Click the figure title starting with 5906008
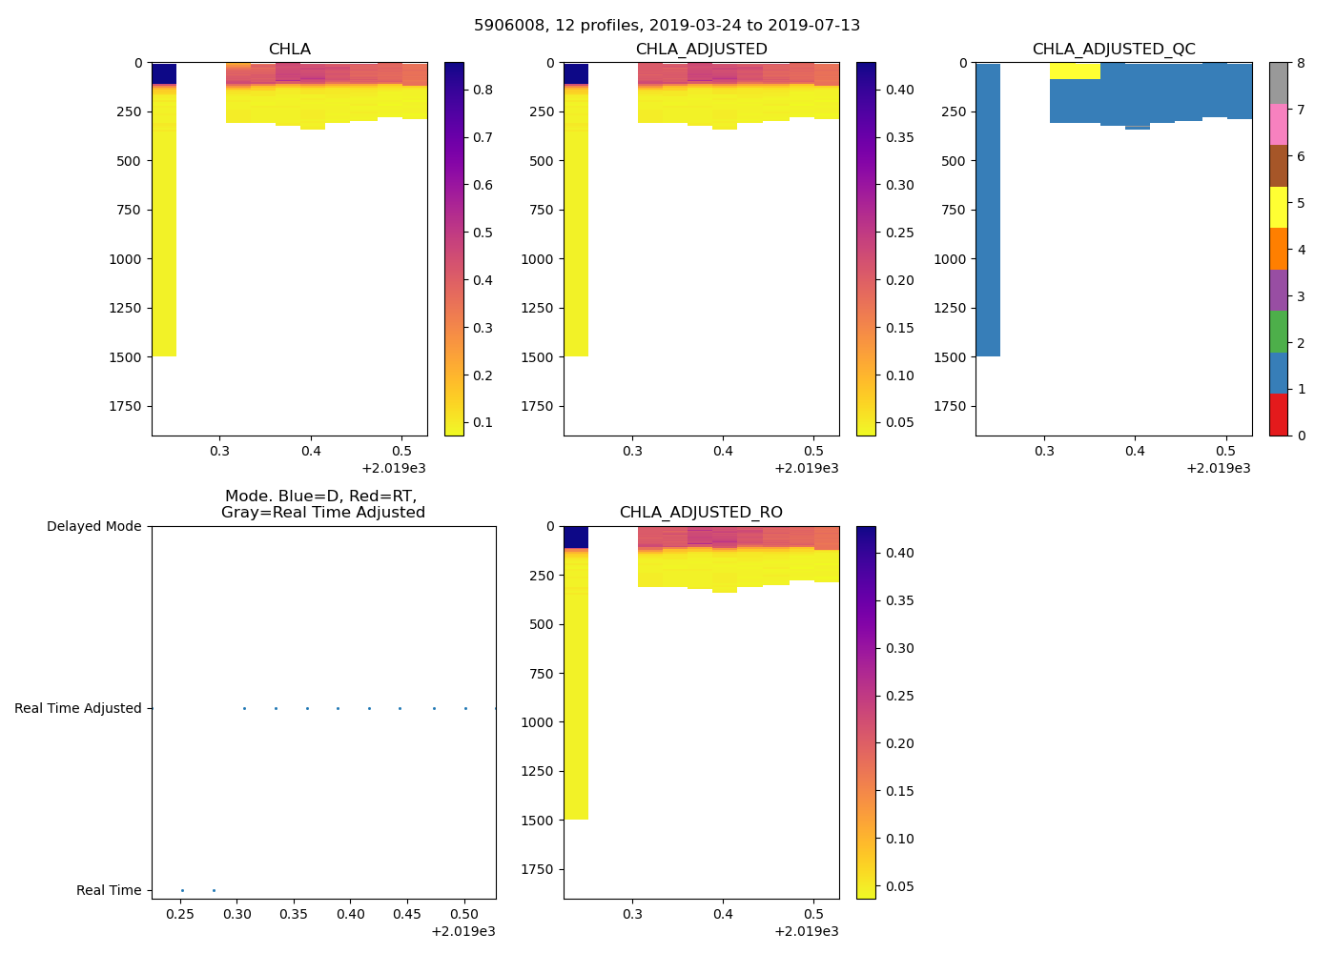click(667, 26)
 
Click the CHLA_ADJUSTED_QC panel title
click(1113, 50)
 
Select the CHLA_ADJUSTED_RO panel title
click(701, 513)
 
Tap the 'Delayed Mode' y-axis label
click(93, 526)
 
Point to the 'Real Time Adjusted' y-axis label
click(77, 708)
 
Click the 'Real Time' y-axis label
click(109, 890)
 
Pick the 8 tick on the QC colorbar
click(1301, 63)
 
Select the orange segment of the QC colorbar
click(1278, 249)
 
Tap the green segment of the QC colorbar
click(1278, 331)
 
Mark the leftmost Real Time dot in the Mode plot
click(182, 890)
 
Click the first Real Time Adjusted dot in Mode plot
click(244, 708)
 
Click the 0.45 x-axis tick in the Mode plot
click(407, 914)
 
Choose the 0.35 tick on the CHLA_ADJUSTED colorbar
click(896, 137)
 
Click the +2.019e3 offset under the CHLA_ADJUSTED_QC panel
click(1218, 468)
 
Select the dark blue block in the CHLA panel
click(164, 73)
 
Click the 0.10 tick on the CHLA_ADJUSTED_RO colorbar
click(896, 839)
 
